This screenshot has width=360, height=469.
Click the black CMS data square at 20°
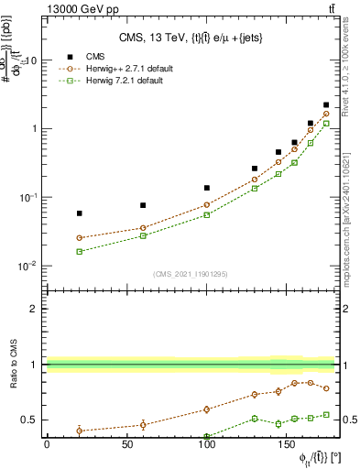[79, 213]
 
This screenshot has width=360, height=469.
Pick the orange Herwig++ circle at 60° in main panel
[143, 228]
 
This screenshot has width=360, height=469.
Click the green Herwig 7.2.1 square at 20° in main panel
[79, 251]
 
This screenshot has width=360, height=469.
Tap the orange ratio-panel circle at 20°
[79, 430]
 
